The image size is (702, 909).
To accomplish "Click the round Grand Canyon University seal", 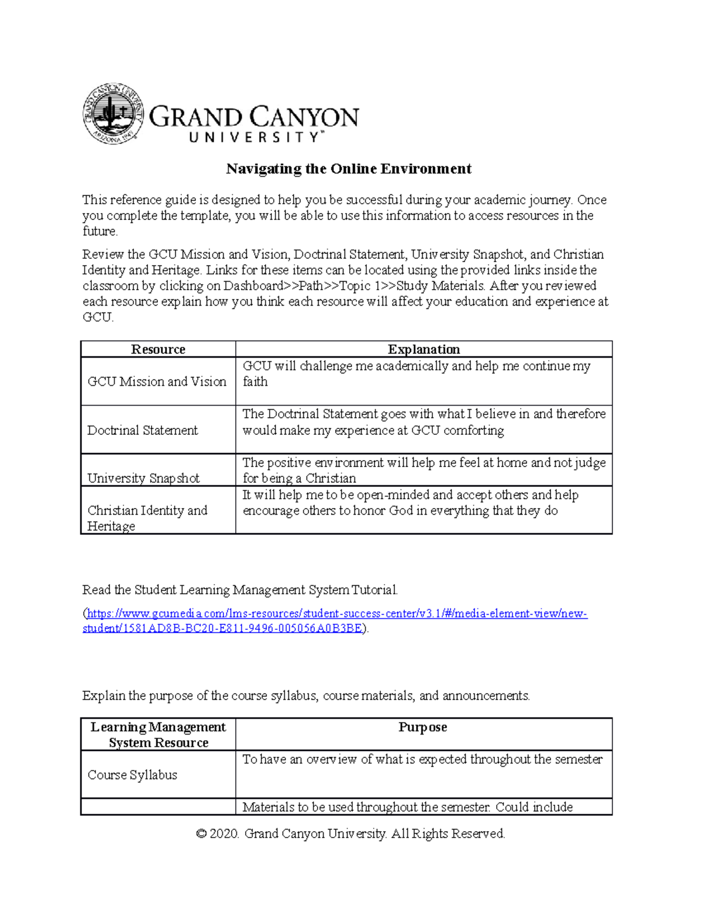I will coord(113,114).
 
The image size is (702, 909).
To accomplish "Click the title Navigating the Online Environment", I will coord(349,169).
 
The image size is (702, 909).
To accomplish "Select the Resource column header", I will coord(158,349).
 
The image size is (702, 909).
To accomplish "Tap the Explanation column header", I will coord(424,349).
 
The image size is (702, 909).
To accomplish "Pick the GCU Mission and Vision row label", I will coord(157,382).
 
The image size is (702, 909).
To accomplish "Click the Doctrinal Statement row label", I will coord(143,430).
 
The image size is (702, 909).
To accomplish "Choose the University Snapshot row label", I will coord(143,478).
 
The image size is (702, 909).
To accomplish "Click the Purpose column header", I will coord(422,727).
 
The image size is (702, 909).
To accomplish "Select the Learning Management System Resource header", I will coord(158,735).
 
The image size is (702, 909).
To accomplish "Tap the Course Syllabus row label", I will coord(132,775).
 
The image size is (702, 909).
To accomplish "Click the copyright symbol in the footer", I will coord(201,833).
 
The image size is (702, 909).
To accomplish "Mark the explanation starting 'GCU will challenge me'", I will coord(416,373).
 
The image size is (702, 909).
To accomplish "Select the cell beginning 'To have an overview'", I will coord(422,760).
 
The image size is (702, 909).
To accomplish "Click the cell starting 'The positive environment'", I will coord(424,470).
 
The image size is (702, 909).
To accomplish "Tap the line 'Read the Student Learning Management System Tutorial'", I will coord(240,590).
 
